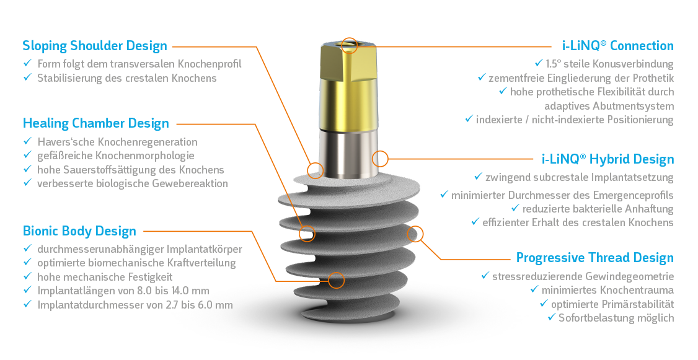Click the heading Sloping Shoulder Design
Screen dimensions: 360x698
pos(95,46)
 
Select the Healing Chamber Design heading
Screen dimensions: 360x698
pos(95,123)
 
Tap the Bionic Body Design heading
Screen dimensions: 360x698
pos(79,232)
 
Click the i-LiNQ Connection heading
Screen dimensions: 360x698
pos(617,46)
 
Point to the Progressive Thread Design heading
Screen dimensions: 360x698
pos(594,258)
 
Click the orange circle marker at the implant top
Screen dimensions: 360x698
pos(350,45)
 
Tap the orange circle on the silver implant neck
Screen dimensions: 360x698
pos(380,158)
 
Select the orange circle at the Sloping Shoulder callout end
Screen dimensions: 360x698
pos(316,170)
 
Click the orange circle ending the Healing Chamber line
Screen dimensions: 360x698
pos(307,234)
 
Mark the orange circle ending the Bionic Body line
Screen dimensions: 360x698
pos(336,280)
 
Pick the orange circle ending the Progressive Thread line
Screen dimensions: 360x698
pos(415,234)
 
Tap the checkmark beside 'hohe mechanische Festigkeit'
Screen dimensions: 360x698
pos(27,276)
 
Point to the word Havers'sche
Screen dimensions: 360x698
pos(64,142)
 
